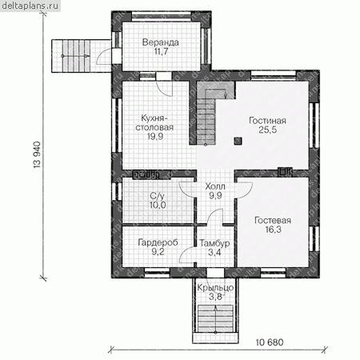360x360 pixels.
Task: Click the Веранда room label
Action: click(160, 42)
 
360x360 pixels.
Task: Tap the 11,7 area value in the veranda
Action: click(161, 51)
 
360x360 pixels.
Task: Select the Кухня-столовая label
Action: click(154, 122)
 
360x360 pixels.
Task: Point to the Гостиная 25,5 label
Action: click(267, 125)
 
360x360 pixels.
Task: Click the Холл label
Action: click(215, 186)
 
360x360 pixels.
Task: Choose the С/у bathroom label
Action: click(158, 196)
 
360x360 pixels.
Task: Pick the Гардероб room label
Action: click(158, 242)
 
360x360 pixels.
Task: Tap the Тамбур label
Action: click(214, 243)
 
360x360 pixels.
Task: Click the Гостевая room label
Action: click(273, 220)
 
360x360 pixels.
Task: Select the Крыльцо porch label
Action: click(215, 288)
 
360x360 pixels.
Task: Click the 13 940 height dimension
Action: click(37, 154)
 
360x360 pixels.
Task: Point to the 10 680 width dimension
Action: click(270, 342)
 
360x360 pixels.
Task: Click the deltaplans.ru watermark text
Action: click(30, 6)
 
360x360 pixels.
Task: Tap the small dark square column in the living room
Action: click(238, 141)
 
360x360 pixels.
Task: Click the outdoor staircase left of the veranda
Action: click(76, 56)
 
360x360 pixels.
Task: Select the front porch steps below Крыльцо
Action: click(215, 319)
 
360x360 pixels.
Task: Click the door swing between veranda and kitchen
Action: click(164, 88)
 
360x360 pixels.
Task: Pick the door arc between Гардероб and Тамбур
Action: click(187, 254)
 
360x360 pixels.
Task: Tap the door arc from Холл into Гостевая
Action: click(244, 190)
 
